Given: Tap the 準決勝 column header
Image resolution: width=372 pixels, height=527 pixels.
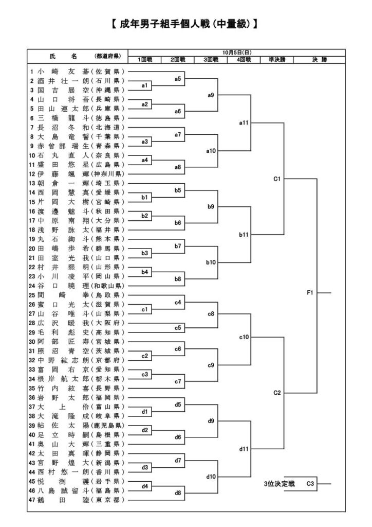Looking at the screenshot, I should tap(276, 60).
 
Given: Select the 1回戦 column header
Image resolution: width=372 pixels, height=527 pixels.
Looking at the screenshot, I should tap(144, 60).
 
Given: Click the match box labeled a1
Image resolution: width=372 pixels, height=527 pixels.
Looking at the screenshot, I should tap(144, 85).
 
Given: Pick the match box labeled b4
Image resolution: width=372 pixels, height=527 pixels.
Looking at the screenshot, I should tap(144, 271).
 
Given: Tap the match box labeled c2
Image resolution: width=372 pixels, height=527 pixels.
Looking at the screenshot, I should tap(144, 356).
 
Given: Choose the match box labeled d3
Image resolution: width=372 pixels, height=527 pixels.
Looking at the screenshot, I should tap(144, 467).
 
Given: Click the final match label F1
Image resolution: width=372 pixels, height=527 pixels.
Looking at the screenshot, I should tap(310, 293).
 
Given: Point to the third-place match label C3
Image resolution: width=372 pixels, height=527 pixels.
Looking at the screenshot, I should tap(310, 483).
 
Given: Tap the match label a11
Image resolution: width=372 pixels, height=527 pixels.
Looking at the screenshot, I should tap(244, 123).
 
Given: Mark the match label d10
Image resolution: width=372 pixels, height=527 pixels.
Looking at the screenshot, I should tap(211, 477).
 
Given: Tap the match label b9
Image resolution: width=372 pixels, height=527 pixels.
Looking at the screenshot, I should tap(211, 206).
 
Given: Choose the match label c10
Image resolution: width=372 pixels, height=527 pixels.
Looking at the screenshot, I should tap(244, 337).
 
